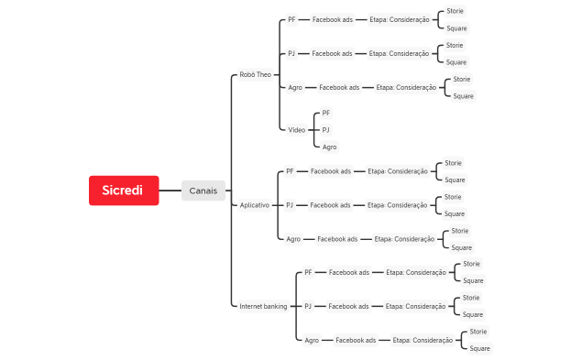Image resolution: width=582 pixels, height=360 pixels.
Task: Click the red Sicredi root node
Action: pyautogui.click(x=124, y=191)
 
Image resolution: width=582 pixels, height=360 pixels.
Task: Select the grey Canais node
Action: pyautogui.click(x=203, y=191)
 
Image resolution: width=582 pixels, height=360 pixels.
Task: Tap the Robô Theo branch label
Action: pyautogui.click(x=256, y=74)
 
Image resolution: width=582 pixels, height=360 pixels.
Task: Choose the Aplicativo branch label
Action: pyautogui.click(x=255, y=205)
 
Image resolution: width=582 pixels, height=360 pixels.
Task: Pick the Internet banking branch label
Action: pyautogui.click(x=263, y=306)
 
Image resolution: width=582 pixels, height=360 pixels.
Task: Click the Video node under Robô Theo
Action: pyautogui.click(x=297, y=130)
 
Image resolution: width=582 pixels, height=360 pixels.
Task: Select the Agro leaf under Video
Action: pyautogui.click(x=330, y=147)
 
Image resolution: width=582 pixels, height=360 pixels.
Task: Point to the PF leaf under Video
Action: pyautogui.click(x=326, y=113)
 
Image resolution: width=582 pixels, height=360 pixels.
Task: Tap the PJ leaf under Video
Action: pyautogui.click(x=325, y=130)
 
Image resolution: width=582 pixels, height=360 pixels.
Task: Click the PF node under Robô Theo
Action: pyautogui.click(x=291, y=19)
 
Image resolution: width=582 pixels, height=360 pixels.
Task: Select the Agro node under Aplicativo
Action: pyautogui.click(x=293, y=239)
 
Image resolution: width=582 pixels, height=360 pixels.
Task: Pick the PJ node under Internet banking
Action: pyautogui.click(x=308, y=306)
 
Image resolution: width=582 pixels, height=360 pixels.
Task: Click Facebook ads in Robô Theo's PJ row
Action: pyautogui.click(x=332, y=53)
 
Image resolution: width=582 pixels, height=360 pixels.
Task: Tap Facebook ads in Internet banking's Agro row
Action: pyautogui.click(x=356, y=340)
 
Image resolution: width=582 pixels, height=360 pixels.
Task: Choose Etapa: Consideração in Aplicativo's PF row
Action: pyautogui.click(x=398, y=171)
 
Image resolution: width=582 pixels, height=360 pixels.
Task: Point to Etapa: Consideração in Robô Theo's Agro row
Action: pyautogui.click(x=406, y=87)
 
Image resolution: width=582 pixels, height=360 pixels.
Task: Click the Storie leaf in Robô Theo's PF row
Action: pyautogui.click(x=455, y=11)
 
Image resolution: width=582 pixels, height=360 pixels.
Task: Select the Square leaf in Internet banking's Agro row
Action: pyautogui.click(x=479, y=348)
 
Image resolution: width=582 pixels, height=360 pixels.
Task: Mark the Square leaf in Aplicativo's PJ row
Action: pyautogui.click(x=455, y=213)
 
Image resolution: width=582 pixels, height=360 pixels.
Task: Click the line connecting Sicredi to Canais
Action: pyautogui.click(x=170, y=191)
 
